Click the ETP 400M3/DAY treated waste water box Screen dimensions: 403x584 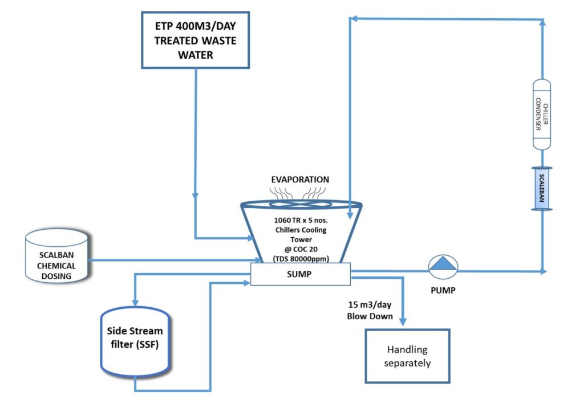click(x=195, y=39)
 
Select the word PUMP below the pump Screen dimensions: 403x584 click(x=443, y=289)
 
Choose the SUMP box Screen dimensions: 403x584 click(x=301, y=274)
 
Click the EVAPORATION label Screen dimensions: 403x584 click(x=301, y=180)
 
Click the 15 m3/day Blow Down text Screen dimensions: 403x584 click(x=370, y=310)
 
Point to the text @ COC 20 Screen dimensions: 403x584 click(x=301, y=249)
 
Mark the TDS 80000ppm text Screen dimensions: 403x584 click(x=301, y=258)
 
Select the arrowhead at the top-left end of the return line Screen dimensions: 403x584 click(x=353, y=19)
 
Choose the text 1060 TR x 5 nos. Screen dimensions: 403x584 click(x=301, y=220)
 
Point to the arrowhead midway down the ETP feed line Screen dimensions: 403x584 click(x=195, y=196)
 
